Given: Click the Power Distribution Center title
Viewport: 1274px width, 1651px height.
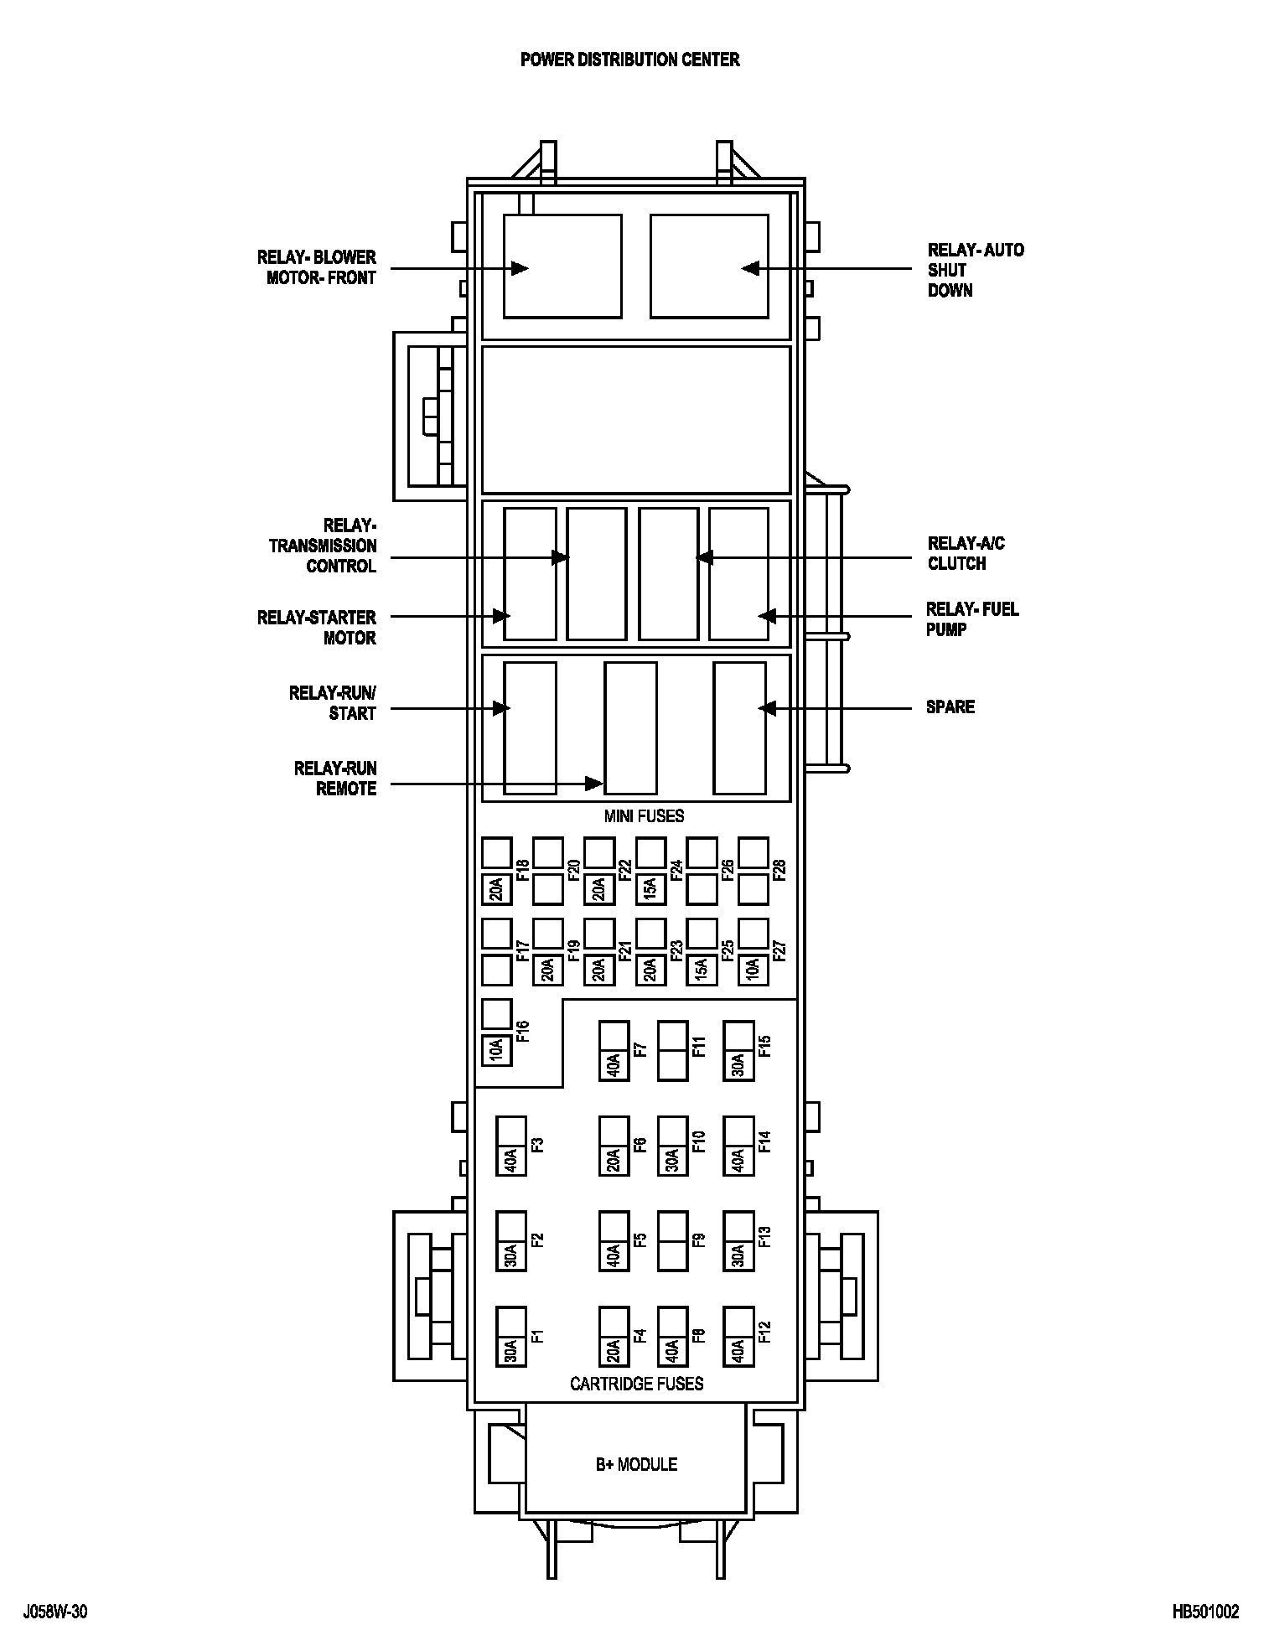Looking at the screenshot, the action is coord(629,60).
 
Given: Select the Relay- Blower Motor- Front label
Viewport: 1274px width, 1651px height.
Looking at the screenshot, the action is coord(317,267).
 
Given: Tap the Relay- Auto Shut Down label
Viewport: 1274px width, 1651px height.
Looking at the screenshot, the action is coord(975,270).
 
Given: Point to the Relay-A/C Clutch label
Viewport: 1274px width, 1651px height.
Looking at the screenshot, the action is coord(966,553).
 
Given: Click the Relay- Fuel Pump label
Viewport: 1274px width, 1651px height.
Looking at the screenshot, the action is coord(972,619).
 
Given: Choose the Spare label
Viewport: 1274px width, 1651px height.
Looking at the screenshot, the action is coord(950,706).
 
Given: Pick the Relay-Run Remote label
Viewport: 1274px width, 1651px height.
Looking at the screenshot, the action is coord(335,778).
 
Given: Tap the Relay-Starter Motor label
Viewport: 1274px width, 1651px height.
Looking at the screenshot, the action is coord(317,628).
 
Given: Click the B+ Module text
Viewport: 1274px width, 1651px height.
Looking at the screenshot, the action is coord(636,1464).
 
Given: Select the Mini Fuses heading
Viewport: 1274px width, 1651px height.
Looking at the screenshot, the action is coord(644,815).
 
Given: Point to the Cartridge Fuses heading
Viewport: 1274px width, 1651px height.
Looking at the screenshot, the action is coord(636,1384).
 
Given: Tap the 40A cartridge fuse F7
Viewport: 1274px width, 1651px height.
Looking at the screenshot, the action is coord(614,1064).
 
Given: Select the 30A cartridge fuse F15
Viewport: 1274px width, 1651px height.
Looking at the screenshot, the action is coord(738,1064).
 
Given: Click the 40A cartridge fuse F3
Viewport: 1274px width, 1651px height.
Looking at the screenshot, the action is coord(510,1160).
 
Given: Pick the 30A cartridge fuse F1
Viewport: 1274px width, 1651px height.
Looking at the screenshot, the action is coord(510,1350).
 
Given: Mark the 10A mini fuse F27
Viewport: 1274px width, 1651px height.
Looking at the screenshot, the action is coord(753,970).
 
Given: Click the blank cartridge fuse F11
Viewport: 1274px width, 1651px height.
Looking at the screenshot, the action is coord(672,1050).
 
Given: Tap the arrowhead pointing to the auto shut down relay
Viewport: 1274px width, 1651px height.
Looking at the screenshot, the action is coord(750,268).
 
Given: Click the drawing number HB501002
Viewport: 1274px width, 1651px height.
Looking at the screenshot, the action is coord(1205,1612).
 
